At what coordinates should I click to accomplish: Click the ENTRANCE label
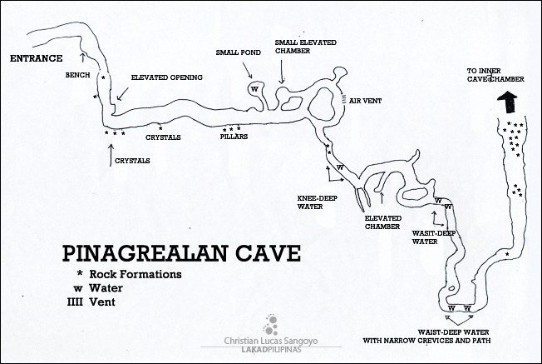click(x=36, y=59)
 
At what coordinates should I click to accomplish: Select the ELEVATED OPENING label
click(x=167, y=77)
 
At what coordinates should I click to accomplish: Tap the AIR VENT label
click(x=366, y=101)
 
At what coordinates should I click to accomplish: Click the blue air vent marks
click(x=343, y=99)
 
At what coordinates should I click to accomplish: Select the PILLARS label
click(x=234, y=137)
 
